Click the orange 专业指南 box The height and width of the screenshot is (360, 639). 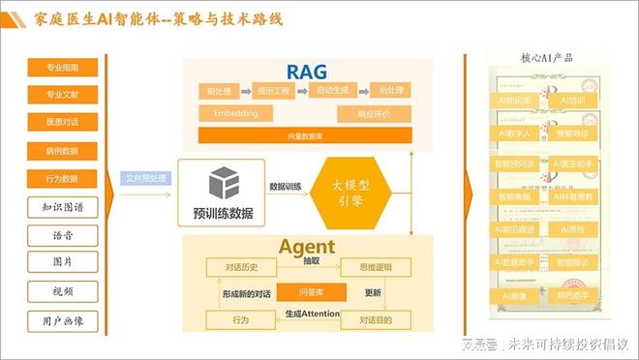point(62,67)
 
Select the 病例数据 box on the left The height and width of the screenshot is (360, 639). point(62,151)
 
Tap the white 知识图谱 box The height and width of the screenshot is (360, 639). point(62,207)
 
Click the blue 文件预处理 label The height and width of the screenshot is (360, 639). point(146,178)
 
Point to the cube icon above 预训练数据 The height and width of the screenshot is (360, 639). point(224,183)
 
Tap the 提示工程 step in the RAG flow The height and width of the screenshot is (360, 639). point(275,90)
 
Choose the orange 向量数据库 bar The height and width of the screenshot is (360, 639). point(305,135)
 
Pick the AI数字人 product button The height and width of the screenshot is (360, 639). point(514,133)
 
